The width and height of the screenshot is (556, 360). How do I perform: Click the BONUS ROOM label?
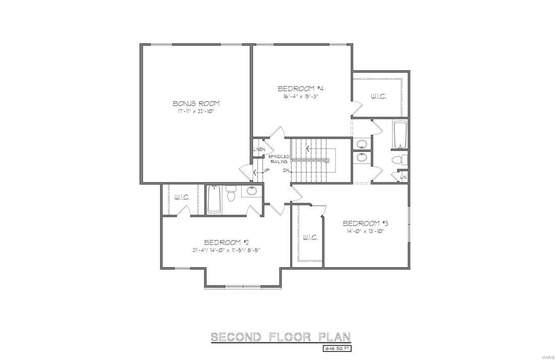pos(196,104)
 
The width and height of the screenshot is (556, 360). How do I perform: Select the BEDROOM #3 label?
pos(365,223)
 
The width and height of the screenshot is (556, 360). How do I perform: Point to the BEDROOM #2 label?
pos(225,242)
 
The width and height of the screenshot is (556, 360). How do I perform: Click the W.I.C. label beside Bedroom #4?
pos(378,96)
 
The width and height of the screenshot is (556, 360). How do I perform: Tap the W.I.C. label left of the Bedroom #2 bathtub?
pos(182,197)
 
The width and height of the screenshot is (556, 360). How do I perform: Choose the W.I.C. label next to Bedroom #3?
pos(310,237)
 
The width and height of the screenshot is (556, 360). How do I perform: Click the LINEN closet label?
pos(259,150)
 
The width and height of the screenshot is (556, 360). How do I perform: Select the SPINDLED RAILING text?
pos(278,159)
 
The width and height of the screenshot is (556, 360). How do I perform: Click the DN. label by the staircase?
pos(287,170)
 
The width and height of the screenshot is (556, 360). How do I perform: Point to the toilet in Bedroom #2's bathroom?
pos(232,194)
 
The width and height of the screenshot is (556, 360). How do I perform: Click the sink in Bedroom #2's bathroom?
pos(252,191)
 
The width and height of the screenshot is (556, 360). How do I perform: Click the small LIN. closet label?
pos(404,177)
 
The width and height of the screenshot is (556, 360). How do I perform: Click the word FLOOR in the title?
pos(286,337)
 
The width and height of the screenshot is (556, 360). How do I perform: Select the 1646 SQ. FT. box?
pos(337,348)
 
